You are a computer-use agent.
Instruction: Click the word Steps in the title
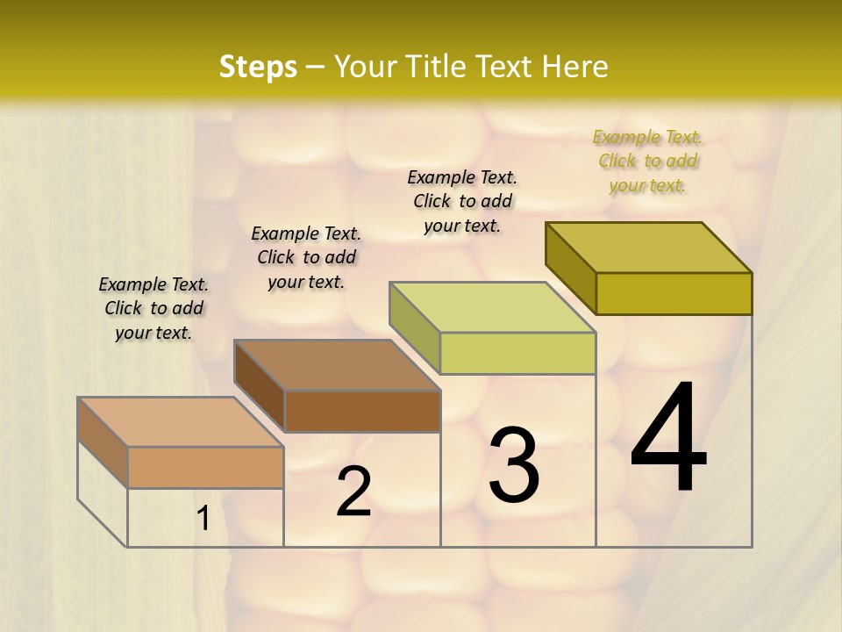258,67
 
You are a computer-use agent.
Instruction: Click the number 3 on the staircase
514,465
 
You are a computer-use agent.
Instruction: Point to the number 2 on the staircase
353,492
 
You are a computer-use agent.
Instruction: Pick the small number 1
203,519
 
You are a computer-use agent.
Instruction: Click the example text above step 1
153,308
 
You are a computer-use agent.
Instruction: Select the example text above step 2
306,257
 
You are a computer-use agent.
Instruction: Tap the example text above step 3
462,201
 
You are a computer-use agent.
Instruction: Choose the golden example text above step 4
647,161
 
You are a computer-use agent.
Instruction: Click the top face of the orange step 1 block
181,422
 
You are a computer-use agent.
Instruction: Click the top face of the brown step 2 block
337,365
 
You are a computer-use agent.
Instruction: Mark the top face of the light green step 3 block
492,307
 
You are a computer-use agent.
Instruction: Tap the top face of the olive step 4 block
649,248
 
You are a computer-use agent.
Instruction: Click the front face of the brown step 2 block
362,411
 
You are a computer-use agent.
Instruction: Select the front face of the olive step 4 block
674,293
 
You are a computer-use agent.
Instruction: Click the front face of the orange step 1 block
205,467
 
